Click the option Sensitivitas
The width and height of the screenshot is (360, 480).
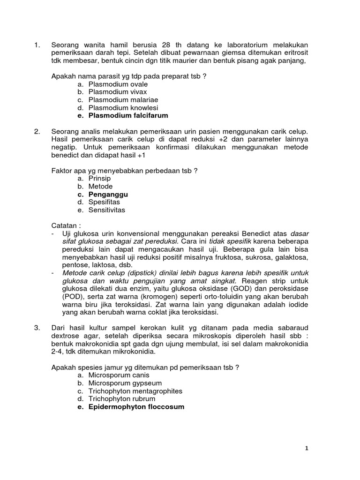coord(107,210)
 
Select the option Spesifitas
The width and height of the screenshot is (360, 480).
coord(104,202)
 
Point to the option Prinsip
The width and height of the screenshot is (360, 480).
coord(99,178)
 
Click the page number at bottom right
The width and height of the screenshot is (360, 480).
coord(307,449)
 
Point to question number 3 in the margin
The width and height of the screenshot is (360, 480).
coord(37,327)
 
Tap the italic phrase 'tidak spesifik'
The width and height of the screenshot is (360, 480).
coord(229,241)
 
